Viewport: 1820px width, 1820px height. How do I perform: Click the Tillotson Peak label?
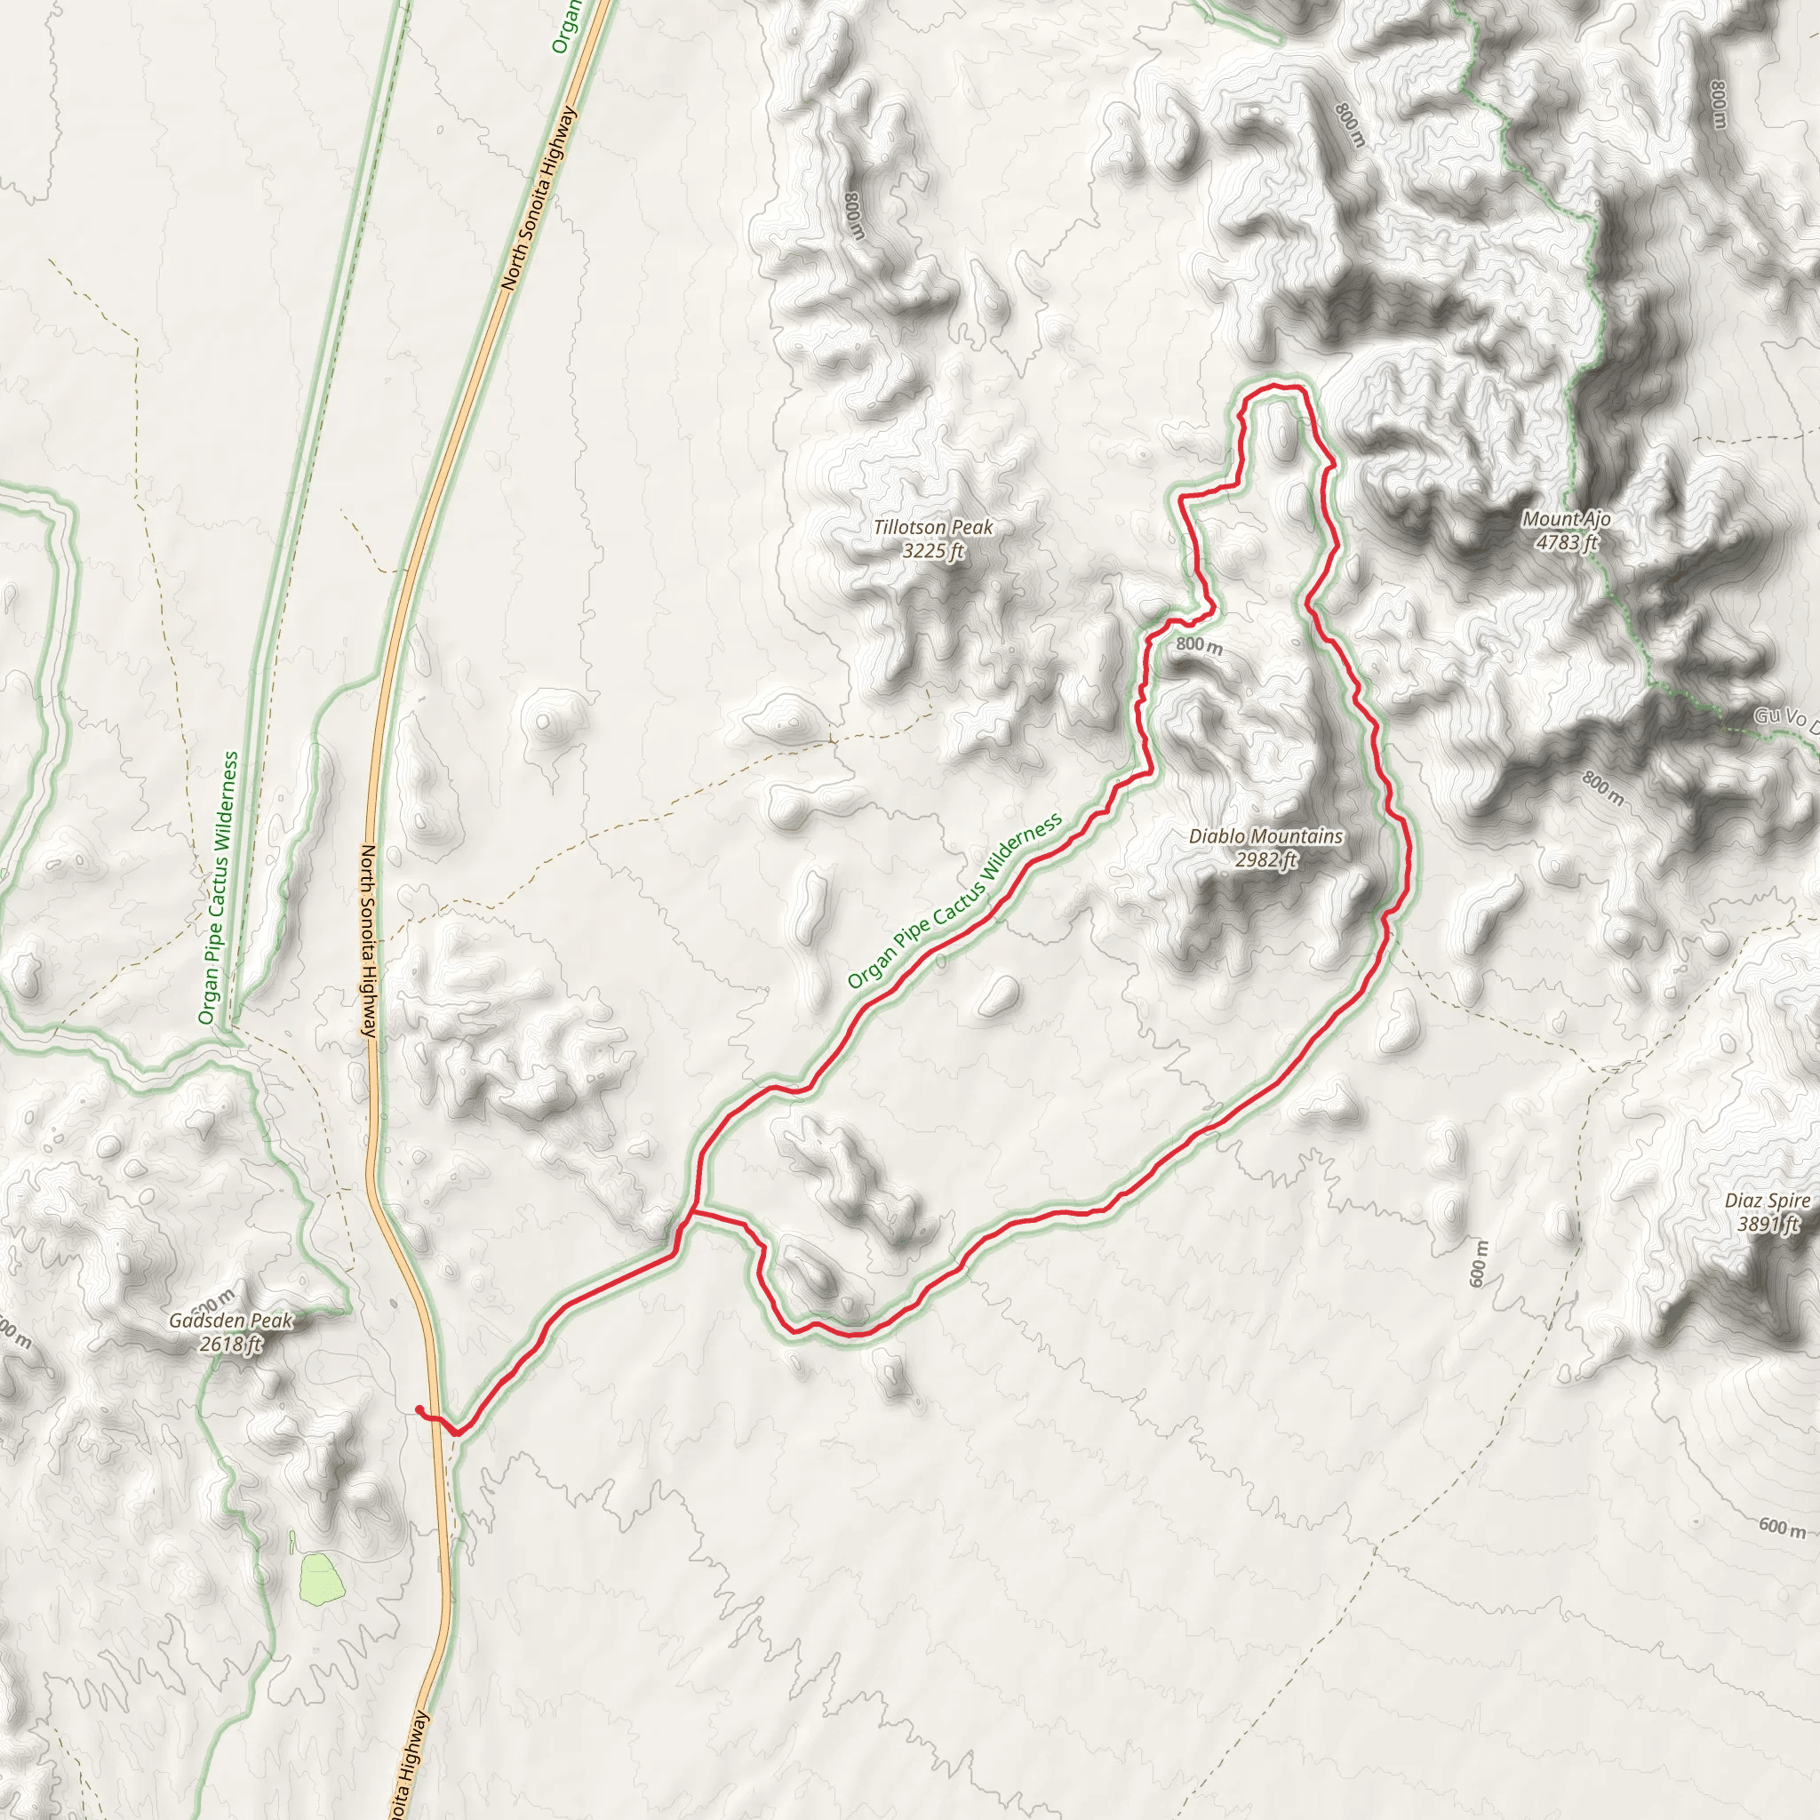tap(932, 528)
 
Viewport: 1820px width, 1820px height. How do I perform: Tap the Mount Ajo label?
tap(1567, 519)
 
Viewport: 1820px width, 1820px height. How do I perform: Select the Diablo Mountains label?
tap(1265, 835)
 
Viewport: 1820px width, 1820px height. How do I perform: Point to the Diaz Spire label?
tap(1768, 1201)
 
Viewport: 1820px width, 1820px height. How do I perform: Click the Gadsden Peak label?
tap(231, 1321)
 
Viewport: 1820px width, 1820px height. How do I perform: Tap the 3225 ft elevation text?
tap(932, 551)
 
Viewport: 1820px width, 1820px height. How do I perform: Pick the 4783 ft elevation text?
tap(1567, 543)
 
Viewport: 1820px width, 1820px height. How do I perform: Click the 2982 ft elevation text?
tap(1266, 859)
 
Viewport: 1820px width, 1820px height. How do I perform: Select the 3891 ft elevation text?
tap(1768, 1225)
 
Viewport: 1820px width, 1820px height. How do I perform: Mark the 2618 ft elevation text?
tap(231, 1345)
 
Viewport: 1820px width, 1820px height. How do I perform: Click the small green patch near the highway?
tap(318, 1578)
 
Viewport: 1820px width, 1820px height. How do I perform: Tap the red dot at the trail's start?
tap(419, 1409)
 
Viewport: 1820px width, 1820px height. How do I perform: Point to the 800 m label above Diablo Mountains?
tap(1199, 645)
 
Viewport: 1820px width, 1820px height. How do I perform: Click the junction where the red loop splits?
tap(693, 1213)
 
